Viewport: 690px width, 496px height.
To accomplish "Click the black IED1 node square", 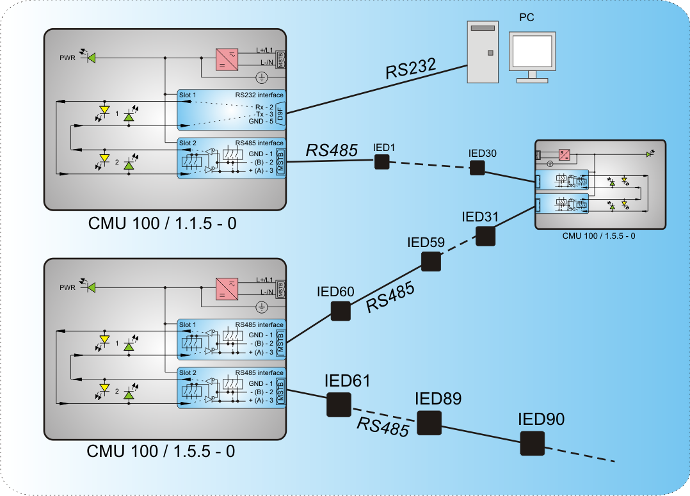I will (381, 162).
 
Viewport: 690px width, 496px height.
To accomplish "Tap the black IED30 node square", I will (477, 168).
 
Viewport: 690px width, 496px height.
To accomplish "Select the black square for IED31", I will (486, 236).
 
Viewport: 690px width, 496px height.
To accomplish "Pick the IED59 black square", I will (431, 261).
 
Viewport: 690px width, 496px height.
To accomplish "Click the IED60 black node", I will (340, 311).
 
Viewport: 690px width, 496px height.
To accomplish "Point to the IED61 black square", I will (339, 404).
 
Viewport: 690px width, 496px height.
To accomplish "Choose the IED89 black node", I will (429, 422).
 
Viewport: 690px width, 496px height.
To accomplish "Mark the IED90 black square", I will (532, 444).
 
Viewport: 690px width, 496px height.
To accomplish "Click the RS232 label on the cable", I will (410, 67).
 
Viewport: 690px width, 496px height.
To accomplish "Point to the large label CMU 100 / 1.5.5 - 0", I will (161, 451).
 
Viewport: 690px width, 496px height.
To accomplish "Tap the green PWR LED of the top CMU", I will (91, 58).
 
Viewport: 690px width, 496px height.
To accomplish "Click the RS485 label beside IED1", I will (332, 151).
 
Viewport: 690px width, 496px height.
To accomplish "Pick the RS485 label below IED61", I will (383, 427).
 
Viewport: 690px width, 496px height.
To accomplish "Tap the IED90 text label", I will (541, 420).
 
